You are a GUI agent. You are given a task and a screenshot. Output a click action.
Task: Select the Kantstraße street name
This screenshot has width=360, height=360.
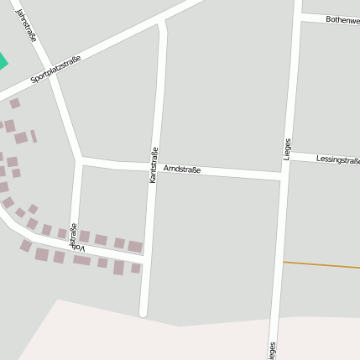pos(154,165)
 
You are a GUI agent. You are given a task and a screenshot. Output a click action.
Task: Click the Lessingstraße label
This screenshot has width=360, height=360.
pos(337,159)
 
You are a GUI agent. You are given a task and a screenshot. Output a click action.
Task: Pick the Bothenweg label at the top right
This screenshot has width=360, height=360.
pos(342,18)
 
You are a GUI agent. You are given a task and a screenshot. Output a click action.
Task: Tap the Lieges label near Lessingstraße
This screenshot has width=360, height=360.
pos(287,149)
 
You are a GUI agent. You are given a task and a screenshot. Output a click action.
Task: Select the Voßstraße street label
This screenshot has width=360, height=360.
pos(77,237)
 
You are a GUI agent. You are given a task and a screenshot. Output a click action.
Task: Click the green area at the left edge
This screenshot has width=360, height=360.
pos(2,61)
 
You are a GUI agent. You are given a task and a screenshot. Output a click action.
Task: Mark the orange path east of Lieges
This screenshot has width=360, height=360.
pos(323,265)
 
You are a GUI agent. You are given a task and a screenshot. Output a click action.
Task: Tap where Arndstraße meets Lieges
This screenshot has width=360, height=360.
pos(282,176)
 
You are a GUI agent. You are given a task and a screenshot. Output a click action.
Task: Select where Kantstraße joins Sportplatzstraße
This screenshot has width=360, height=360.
pos(162,22)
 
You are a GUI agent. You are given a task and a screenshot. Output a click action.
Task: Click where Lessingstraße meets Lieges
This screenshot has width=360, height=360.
pos(290,154)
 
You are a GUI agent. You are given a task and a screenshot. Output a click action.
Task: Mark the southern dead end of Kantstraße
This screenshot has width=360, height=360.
pos(143,314)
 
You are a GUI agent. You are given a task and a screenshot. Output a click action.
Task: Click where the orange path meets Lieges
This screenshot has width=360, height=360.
pos(282,262)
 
